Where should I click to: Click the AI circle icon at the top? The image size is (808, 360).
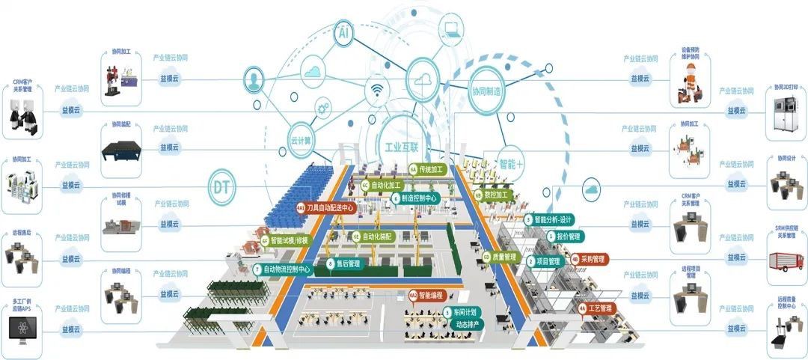[344, 34]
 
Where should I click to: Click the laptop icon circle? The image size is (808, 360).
[451, 31]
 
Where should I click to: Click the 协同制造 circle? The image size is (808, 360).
[486, 91]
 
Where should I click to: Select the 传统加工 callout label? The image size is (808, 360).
[427, 170]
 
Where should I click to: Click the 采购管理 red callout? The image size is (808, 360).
[590, 258]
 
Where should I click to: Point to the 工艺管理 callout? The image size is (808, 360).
[596, 308]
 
